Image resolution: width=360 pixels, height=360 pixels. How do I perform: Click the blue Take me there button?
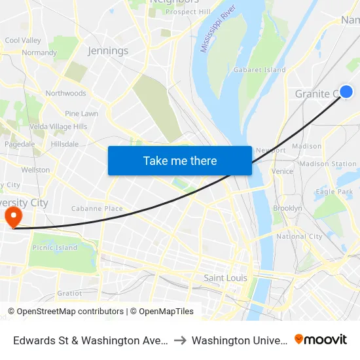180,160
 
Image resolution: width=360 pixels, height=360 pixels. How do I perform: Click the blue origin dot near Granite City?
346,92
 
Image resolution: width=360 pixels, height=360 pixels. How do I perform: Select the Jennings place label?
108,50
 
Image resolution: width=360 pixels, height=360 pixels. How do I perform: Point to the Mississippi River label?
219,31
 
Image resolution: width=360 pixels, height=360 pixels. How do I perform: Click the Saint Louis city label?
225,278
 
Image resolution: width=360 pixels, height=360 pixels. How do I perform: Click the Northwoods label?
65,94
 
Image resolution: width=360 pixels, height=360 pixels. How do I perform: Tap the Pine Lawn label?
81,113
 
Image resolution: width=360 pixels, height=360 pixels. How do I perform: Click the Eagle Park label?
334,192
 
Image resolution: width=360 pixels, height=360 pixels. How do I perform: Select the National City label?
299,236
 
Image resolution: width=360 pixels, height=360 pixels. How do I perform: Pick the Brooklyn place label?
287,208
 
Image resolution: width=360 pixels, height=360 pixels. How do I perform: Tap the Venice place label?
282,171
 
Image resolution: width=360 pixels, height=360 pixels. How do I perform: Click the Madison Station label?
328,164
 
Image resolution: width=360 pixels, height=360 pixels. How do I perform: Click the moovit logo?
321,340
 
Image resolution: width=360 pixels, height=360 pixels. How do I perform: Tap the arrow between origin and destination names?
180,340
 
